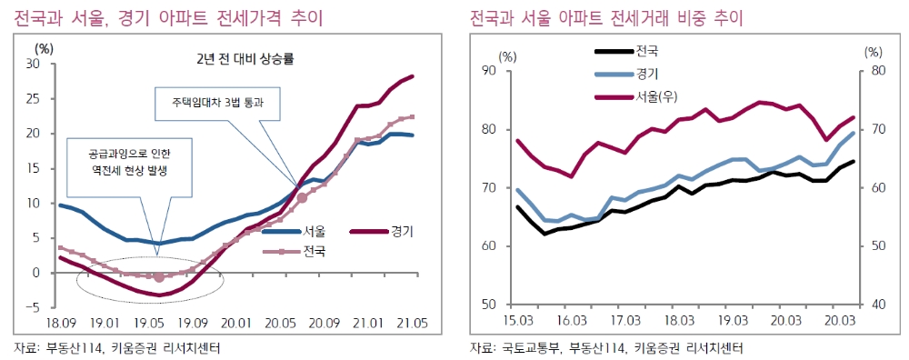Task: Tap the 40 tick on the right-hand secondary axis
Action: click(x=874, y=305)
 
